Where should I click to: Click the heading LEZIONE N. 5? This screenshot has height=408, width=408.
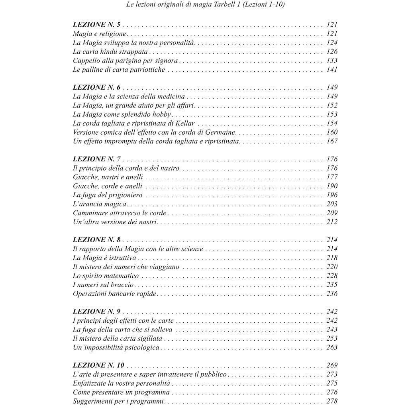(97, 25)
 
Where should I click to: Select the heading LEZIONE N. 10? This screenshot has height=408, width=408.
(99, 365)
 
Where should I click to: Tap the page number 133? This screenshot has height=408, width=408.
(331, 61)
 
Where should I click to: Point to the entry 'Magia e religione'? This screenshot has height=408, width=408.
(99, 34)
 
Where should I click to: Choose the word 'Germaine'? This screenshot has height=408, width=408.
(219, 132)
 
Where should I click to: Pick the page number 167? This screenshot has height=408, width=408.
(331, 141)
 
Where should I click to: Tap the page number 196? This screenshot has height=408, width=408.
(331, 195)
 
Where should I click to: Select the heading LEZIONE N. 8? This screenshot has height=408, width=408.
(97, 240)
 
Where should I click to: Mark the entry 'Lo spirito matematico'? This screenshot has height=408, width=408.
(106, 276)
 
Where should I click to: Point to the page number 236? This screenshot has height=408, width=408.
(331, 294)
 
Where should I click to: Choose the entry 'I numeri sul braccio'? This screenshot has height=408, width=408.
(103, 285)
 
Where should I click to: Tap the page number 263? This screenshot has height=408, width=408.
(331, 347)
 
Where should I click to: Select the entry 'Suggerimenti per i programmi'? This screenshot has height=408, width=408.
(118, 401)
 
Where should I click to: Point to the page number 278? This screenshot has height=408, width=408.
(331, 401)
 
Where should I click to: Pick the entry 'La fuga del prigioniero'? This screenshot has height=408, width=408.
(108, 195)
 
